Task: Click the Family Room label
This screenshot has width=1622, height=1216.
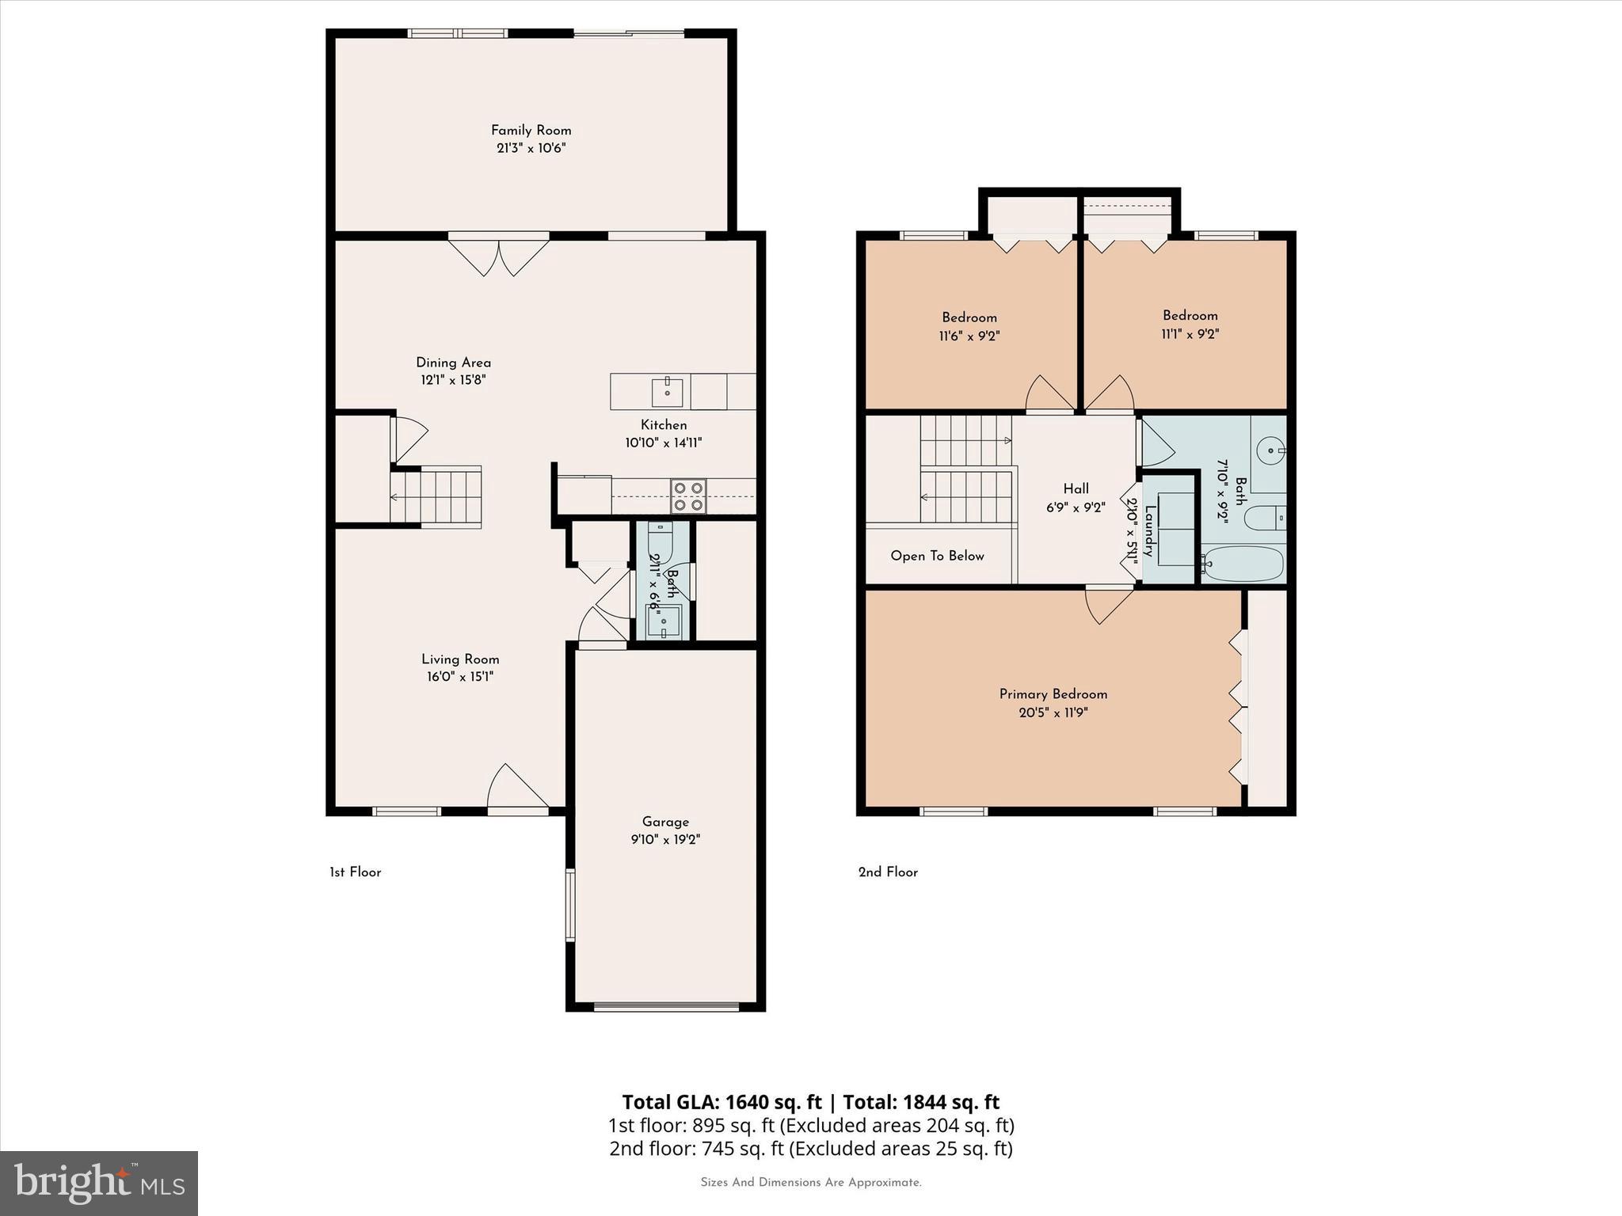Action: tap(531, 131)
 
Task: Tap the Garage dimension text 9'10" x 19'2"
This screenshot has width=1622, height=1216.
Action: tap(665, 839)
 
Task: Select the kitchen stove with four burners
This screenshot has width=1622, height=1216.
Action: tap(688, 496)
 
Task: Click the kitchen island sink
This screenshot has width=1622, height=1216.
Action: tap(668, 391)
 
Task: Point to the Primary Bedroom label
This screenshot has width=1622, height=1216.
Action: tap(1053, 694)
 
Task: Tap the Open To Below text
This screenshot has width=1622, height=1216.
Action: tap(937, 556)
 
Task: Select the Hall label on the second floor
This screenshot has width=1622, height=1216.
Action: tap(1076, 489)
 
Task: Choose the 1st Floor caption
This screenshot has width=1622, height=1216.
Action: tap(356, 872)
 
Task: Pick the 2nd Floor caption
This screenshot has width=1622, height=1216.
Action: tap(888, 872)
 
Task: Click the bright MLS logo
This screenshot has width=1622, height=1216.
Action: tap(99, 1183)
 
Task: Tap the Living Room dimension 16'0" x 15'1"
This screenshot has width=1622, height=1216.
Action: tap(459, 677)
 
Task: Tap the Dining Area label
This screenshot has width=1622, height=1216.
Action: tap(453, 363)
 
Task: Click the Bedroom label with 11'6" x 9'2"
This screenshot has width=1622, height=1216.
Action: tap(969, 317)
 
